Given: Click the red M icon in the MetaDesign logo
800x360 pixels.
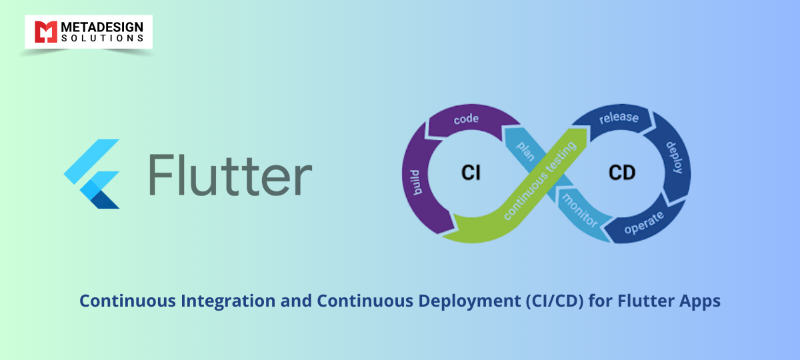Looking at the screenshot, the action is (46, 32).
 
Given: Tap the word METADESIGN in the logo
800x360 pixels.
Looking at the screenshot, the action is (102, 27).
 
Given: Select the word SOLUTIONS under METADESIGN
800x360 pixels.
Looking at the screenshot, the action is (102, 38).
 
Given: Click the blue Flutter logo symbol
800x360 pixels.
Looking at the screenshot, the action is (92, 174).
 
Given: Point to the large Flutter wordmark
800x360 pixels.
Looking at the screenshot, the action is (231, 175).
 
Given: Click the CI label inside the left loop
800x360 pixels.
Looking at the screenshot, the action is (471, 173).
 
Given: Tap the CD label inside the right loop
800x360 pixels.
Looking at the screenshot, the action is (622, 173).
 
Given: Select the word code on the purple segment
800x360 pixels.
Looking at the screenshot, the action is (466, 119).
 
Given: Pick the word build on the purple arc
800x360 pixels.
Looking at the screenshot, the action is (416, 183).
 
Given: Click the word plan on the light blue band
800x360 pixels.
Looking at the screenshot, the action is (526, 151).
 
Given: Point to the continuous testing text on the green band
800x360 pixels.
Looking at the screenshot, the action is (539, 181).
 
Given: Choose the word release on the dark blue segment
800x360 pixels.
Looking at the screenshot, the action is (619, 117).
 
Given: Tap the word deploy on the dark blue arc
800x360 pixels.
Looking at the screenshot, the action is (675, 157).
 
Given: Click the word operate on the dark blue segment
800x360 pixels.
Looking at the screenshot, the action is (644, 223).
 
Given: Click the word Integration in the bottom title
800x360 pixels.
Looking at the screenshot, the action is (228, 301).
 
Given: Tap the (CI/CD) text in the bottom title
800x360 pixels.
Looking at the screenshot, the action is (555, 301).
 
